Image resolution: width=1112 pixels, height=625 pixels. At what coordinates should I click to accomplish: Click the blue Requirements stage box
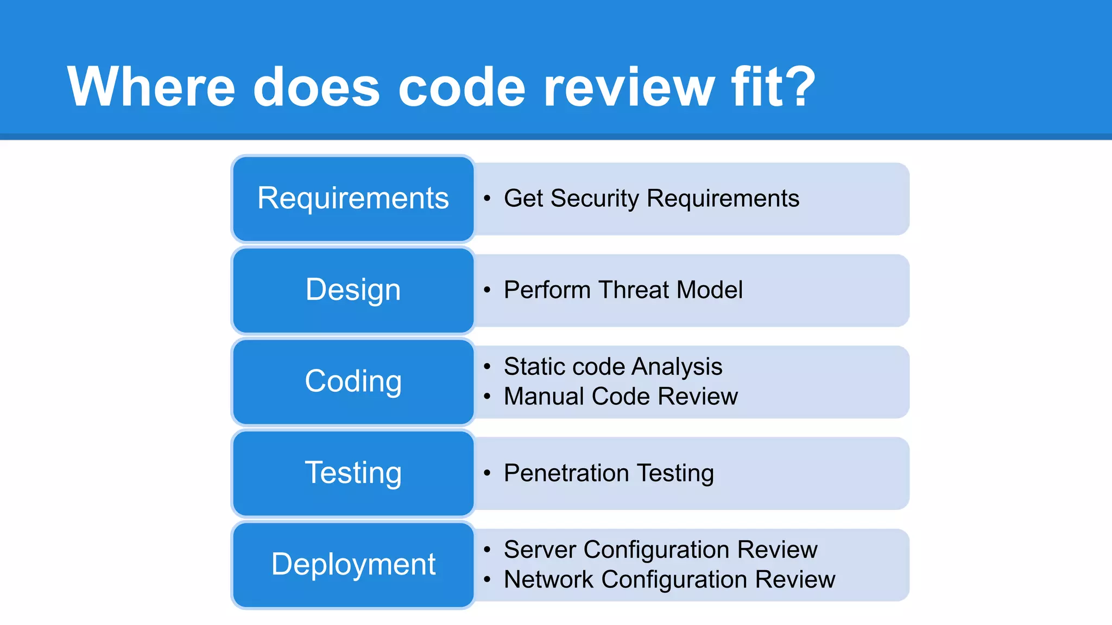pyautogui.click(x=353, y=199)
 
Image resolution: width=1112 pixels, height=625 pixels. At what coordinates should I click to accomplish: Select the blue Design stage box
pyautogui.click(x=353, y=290)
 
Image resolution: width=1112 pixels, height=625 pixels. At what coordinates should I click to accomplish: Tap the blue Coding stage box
pyautogui.click(x=353, y=381)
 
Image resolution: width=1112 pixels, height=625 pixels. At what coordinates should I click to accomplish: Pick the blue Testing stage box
pyautogui.click(x=353, y=473)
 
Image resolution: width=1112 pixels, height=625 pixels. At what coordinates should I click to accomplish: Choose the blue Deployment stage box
pyautogui.click(x=353, y=565)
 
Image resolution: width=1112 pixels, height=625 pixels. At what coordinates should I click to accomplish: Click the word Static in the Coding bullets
pyautogui.click(x=534, y=367)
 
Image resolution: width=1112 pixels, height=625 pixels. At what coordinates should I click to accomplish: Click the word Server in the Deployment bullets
pyautogui.click(x=540, y=550)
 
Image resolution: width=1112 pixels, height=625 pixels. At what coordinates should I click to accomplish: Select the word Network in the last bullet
pyautogui.click(x=548, y=579)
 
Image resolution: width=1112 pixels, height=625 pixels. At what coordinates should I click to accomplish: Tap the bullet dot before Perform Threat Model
pyautogui.click(x=487, y=290)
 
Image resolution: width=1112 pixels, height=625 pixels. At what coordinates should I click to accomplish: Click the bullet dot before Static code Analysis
pyautogui.click(x=487, y=367)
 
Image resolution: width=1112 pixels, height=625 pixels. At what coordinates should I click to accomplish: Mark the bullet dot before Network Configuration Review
pyautogui.click(x=487, y=580)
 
